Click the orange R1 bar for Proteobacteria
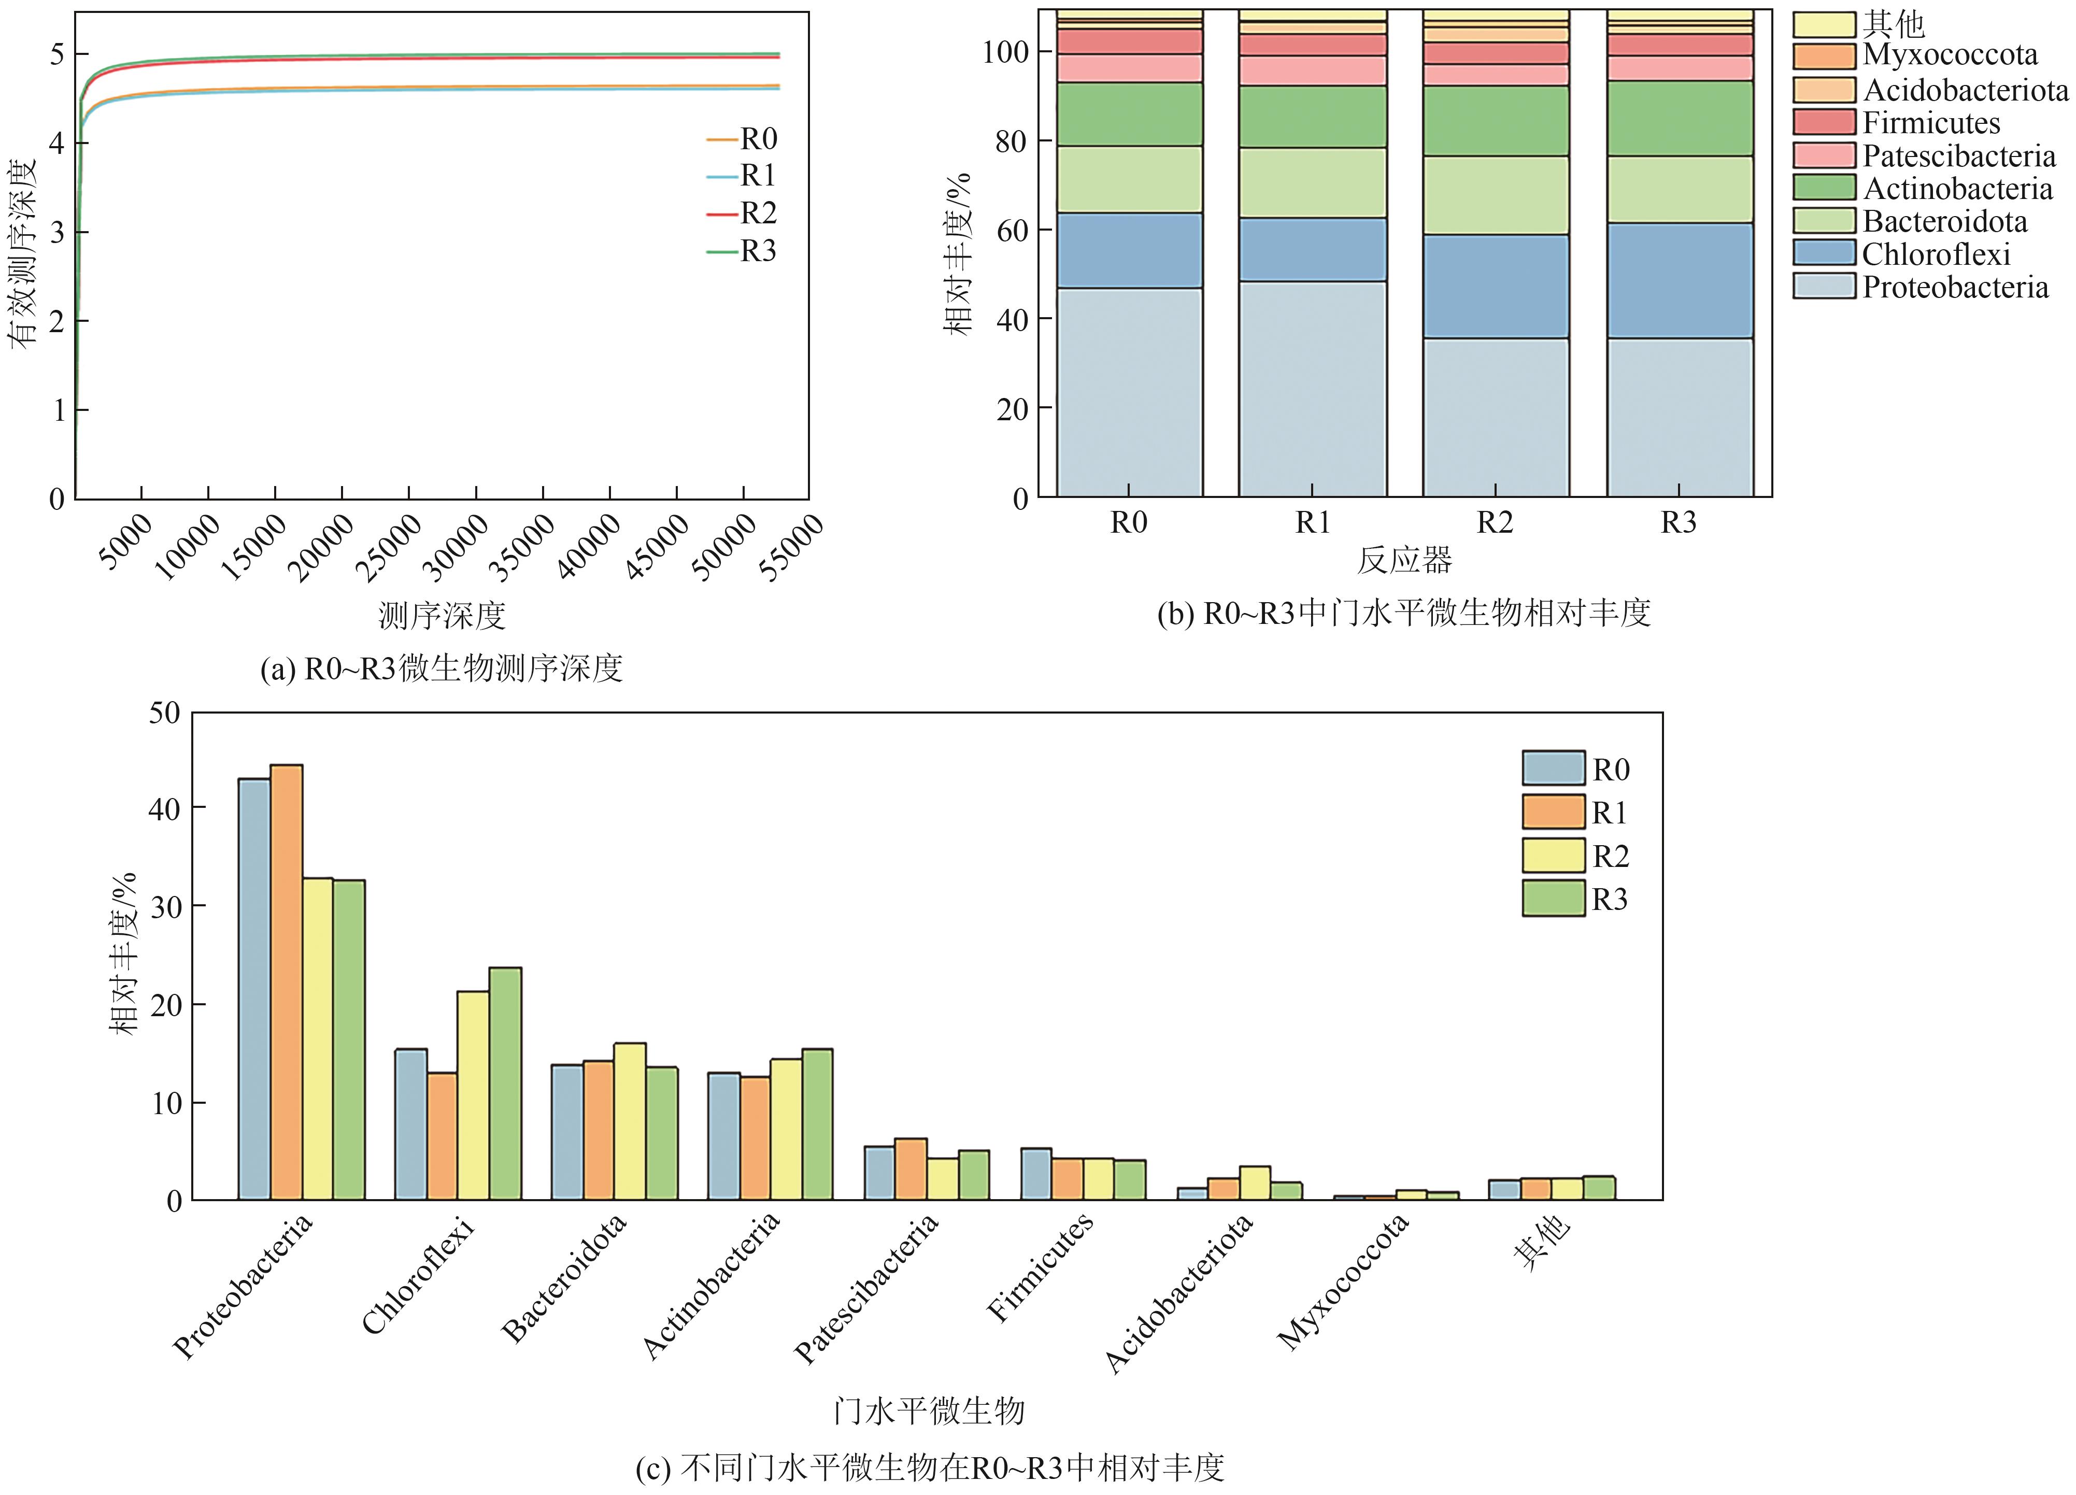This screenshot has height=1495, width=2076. click(287, 981)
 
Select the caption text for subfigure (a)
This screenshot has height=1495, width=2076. click(441, 669)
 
